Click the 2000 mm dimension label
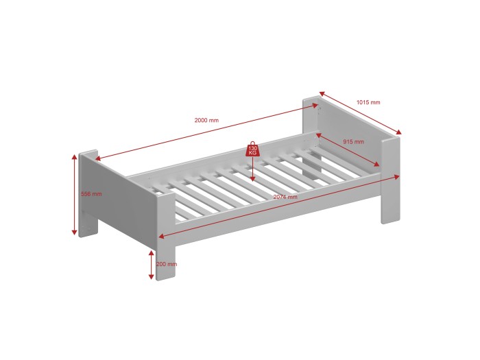(x=206, y=120)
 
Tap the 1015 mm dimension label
(x=368, y=102)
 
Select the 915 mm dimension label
(x=354, y=142)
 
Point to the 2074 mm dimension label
(x=285, y=197)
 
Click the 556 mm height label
(x=91, y=194)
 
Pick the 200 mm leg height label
(x=167, y=264)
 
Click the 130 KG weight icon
(x=252, y=149)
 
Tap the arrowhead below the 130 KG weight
(x=252, y=179)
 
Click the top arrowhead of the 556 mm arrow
(x=74, y=157)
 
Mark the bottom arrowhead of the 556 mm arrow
(x=74, y=232)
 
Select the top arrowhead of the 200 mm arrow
(x=152, y=253)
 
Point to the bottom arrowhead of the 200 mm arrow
(x=152, y=276)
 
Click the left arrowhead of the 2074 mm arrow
(x=162, y=236)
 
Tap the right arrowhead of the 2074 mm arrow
(x=397, y=177)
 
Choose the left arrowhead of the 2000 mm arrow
(x=97, y=158)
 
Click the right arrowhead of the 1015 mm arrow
(x=398, y=132)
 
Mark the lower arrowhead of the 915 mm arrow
(x=376, y=165)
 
